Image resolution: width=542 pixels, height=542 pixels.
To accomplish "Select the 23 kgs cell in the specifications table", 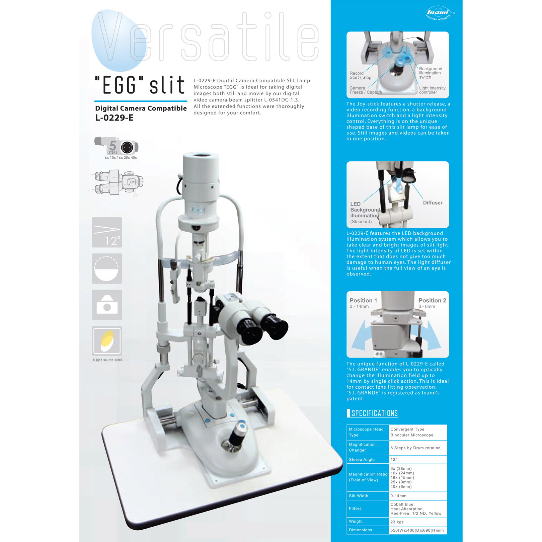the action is (397, 522).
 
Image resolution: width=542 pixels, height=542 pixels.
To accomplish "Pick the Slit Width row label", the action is (359, 496).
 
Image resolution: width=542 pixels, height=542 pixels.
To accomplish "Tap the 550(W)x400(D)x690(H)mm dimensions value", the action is (417, 530).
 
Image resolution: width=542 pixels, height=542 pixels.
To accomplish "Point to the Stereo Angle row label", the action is (362, 460).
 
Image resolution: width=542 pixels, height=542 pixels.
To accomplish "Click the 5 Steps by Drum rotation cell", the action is (415, 448).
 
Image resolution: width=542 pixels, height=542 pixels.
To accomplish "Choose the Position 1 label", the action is (363, 300).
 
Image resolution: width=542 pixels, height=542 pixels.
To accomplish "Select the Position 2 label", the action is (432, 300).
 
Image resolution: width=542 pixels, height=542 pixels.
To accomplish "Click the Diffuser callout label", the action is (433, 203).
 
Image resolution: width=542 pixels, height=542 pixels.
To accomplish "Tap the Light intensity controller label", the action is (432, 90).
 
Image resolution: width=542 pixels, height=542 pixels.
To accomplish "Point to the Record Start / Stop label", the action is (360, 75).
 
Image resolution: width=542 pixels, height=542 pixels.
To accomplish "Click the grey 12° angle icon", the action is (107, 232).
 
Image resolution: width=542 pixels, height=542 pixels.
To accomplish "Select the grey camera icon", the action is (107, 305).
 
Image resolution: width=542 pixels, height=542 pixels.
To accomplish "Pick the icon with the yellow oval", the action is (107, 341).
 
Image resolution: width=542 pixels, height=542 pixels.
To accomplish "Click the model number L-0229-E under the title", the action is (114, 118).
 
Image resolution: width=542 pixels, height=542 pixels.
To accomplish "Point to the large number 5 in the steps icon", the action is (113, 146).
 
